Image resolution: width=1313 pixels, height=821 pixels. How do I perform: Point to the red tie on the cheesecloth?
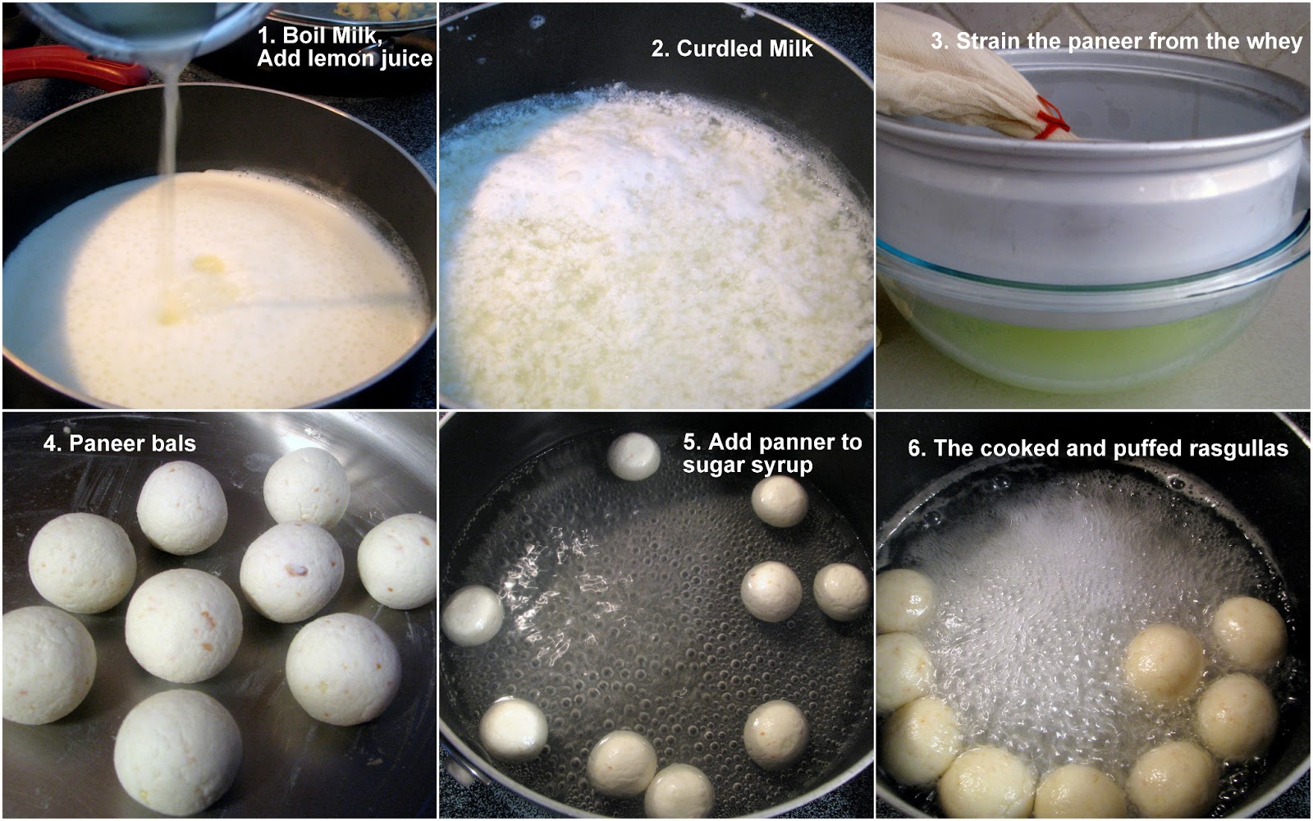tap(1052, 117)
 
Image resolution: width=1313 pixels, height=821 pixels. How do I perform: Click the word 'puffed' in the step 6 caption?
tap(1144, 448)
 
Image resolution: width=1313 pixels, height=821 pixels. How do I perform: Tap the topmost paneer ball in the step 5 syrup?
tap(634, 456)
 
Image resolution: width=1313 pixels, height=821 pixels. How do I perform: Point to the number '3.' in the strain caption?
tap(940, 41)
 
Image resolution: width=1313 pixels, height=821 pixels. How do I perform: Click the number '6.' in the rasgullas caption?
tap(917, 448)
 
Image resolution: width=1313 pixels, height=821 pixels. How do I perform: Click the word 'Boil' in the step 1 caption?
tap(304, 35)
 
